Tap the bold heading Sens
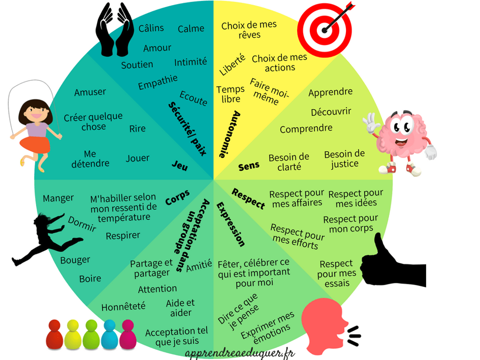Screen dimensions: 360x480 (x=249, y=165)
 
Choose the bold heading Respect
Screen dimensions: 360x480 (x=248, y=199)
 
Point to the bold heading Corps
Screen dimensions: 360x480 (x=177, y=197)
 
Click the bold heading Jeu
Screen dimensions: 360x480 (x=179, y=165)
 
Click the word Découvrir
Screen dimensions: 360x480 (x=331, y=112)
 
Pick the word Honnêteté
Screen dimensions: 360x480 (x=123, y=306)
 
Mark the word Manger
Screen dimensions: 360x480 (x=58, y=198)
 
